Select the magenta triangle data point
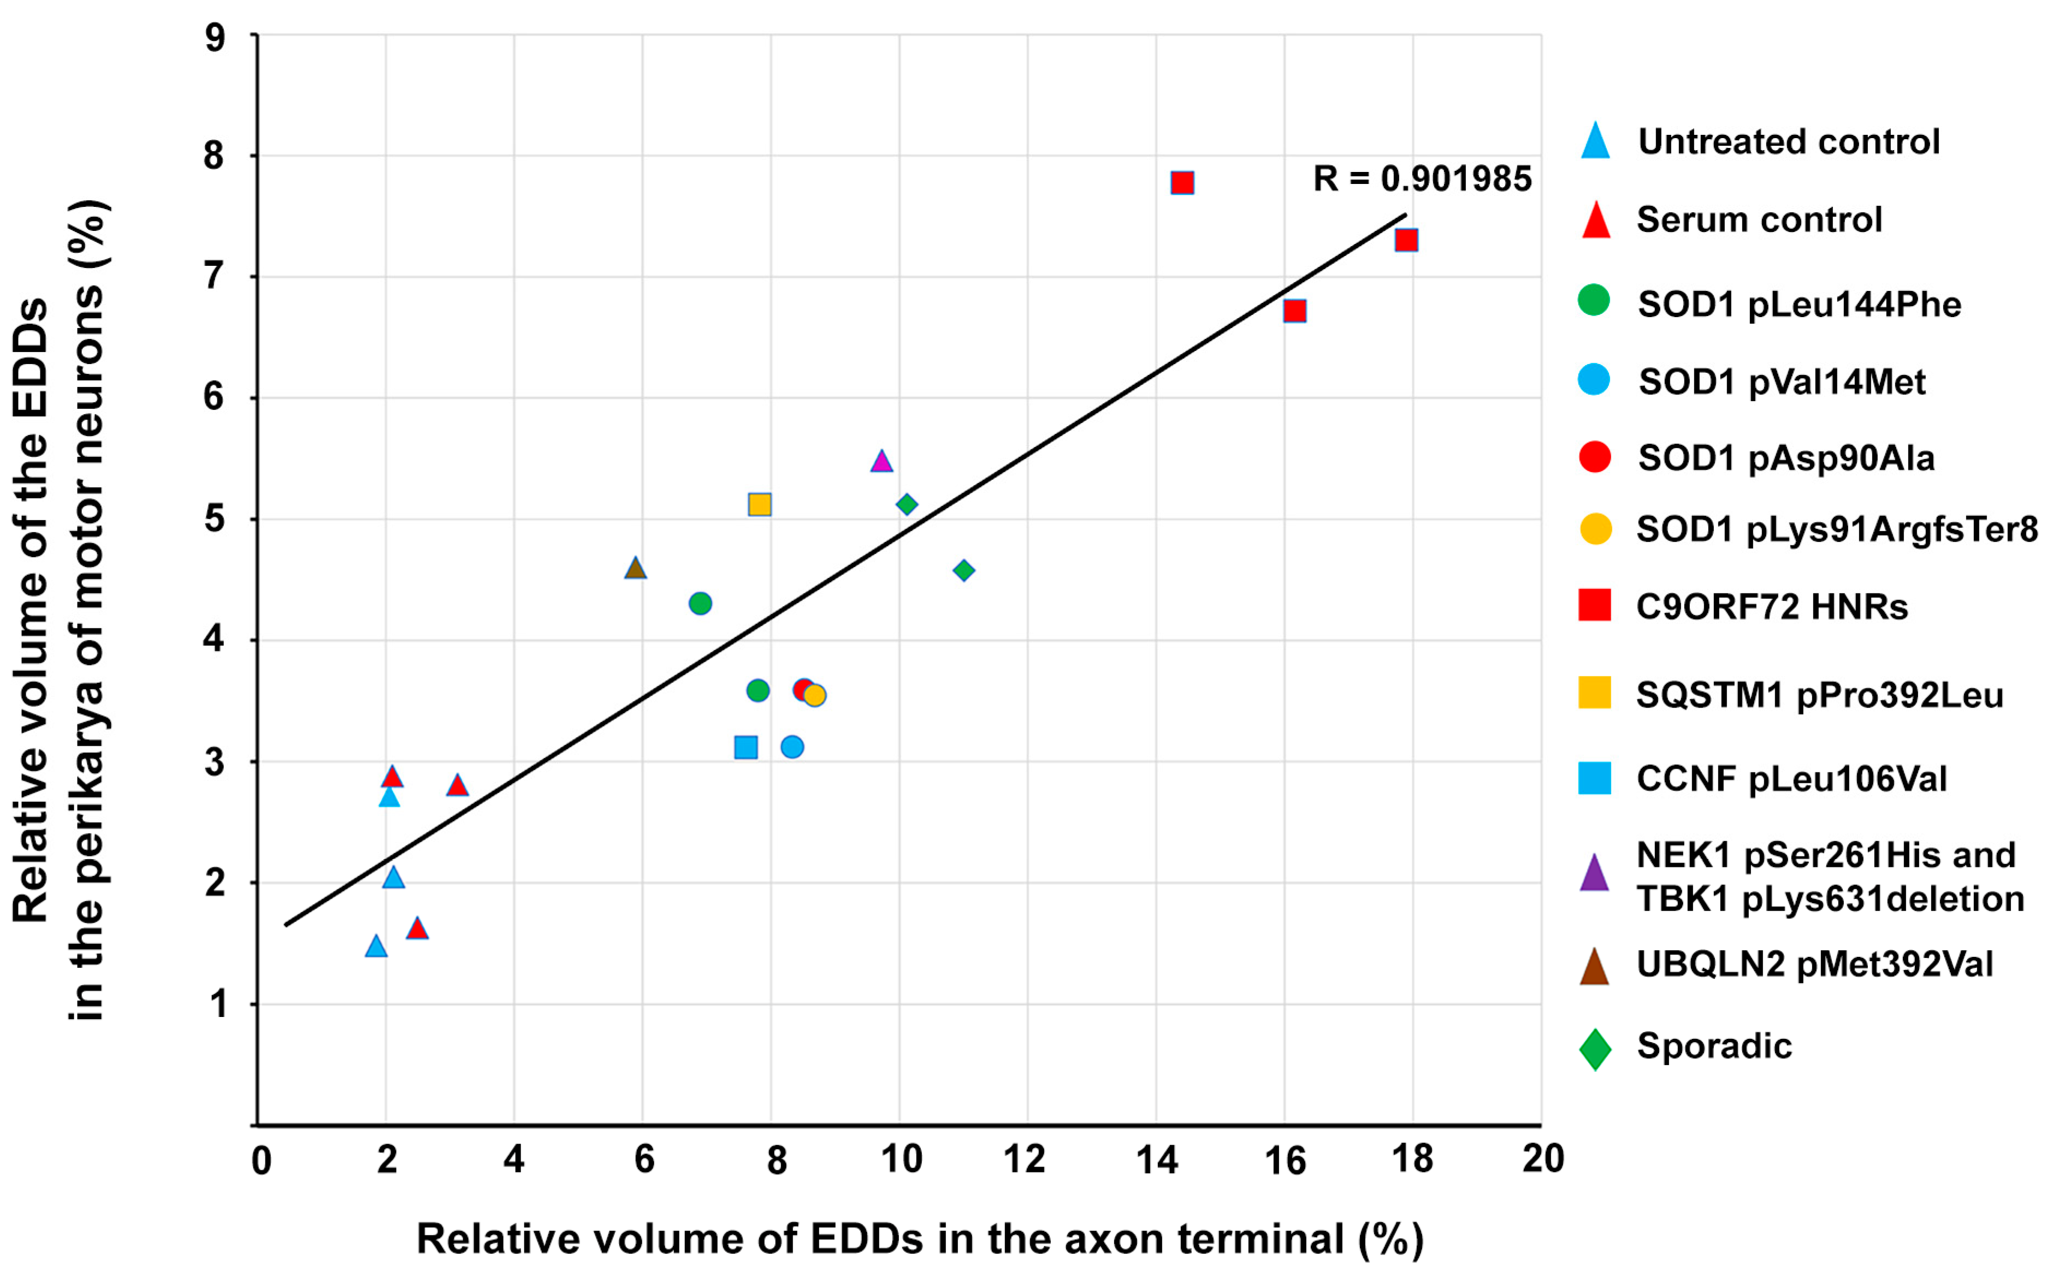(882, 461)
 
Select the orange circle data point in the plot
(814, 695)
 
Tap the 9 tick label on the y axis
(215, 38)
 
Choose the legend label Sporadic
(1714, 1045)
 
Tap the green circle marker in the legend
(1594, 300)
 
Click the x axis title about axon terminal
(920, 1239)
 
